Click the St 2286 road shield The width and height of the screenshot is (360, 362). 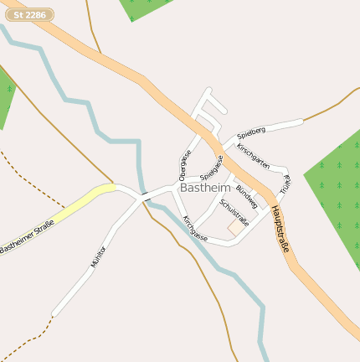tap(29, 14)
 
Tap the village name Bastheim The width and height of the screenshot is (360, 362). tap(207, 188)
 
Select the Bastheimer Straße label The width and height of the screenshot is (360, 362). tap(27, 237)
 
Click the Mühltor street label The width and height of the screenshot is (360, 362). tap(99, 256)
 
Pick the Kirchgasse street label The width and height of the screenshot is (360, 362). tap(195, 229)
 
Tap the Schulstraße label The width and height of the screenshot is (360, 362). tap(234, 212)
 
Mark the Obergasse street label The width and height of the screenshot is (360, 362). tap(185, 165)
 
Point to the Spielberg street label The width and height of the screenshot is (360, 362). tap(251, 132)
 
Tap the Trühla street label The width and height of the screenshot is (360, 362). tap(285, 184)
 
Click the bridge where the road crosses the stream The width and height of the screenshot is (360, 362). tap(145, 197)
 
